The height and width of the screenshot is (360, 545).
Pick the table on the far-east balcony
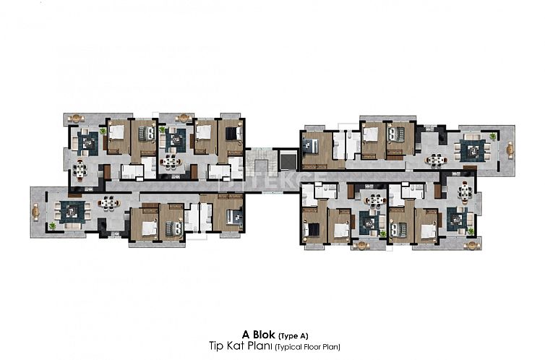tap(510, 149)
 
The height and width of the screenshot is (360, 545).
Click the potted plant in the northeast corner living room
tap(492, 137)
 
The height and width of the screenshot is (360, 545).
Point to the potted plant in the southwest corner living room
tap(52, 226)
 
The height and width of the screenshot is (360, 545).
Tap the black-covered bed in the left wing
tap(231, 134)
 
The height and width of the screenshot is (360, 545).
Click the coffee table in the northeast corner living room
tap(474, 150)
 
